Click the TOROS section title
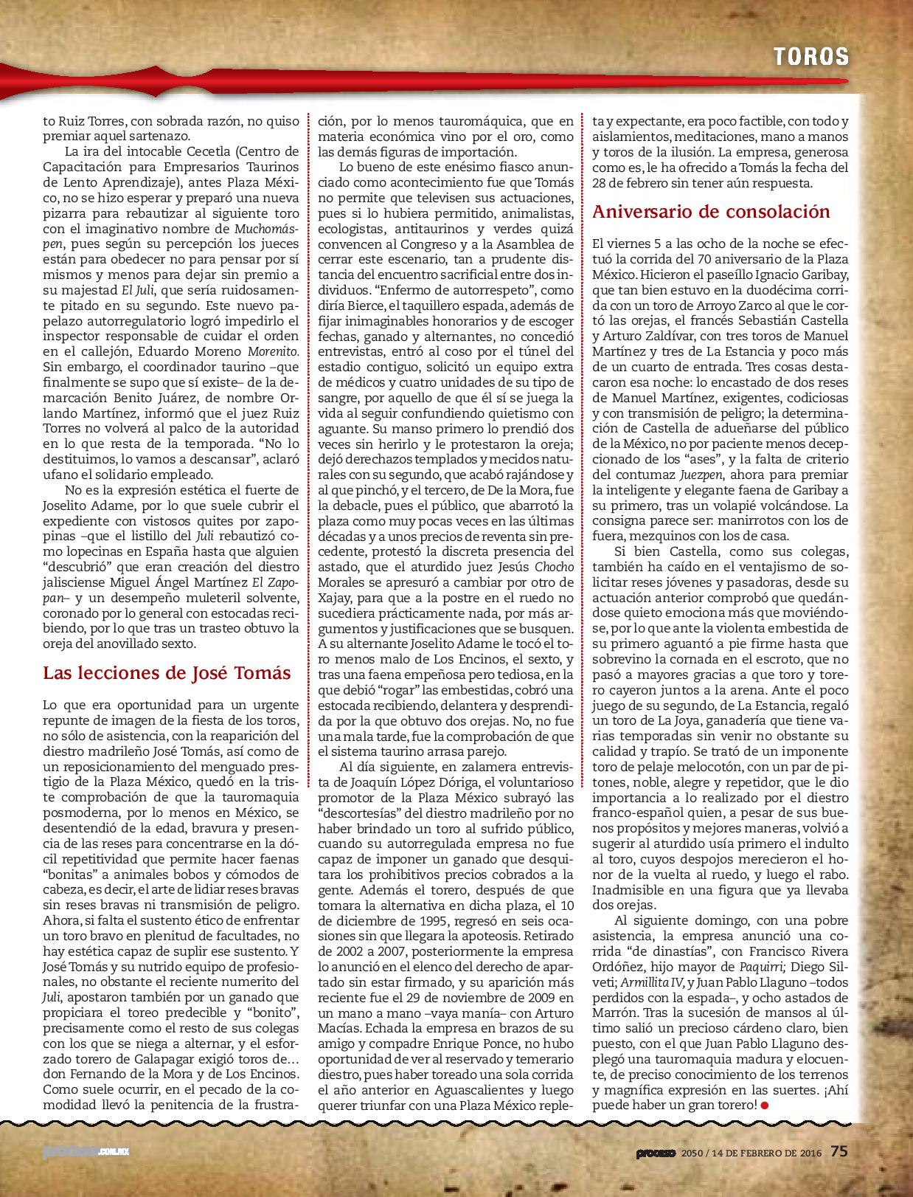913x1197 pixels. point(810,55)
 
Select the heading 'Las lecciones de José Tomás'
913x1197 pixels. point(167,673)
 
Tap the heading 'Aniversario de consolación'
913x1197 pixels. point(711,211)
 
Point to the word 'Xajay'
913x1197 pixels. point(334,595)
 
